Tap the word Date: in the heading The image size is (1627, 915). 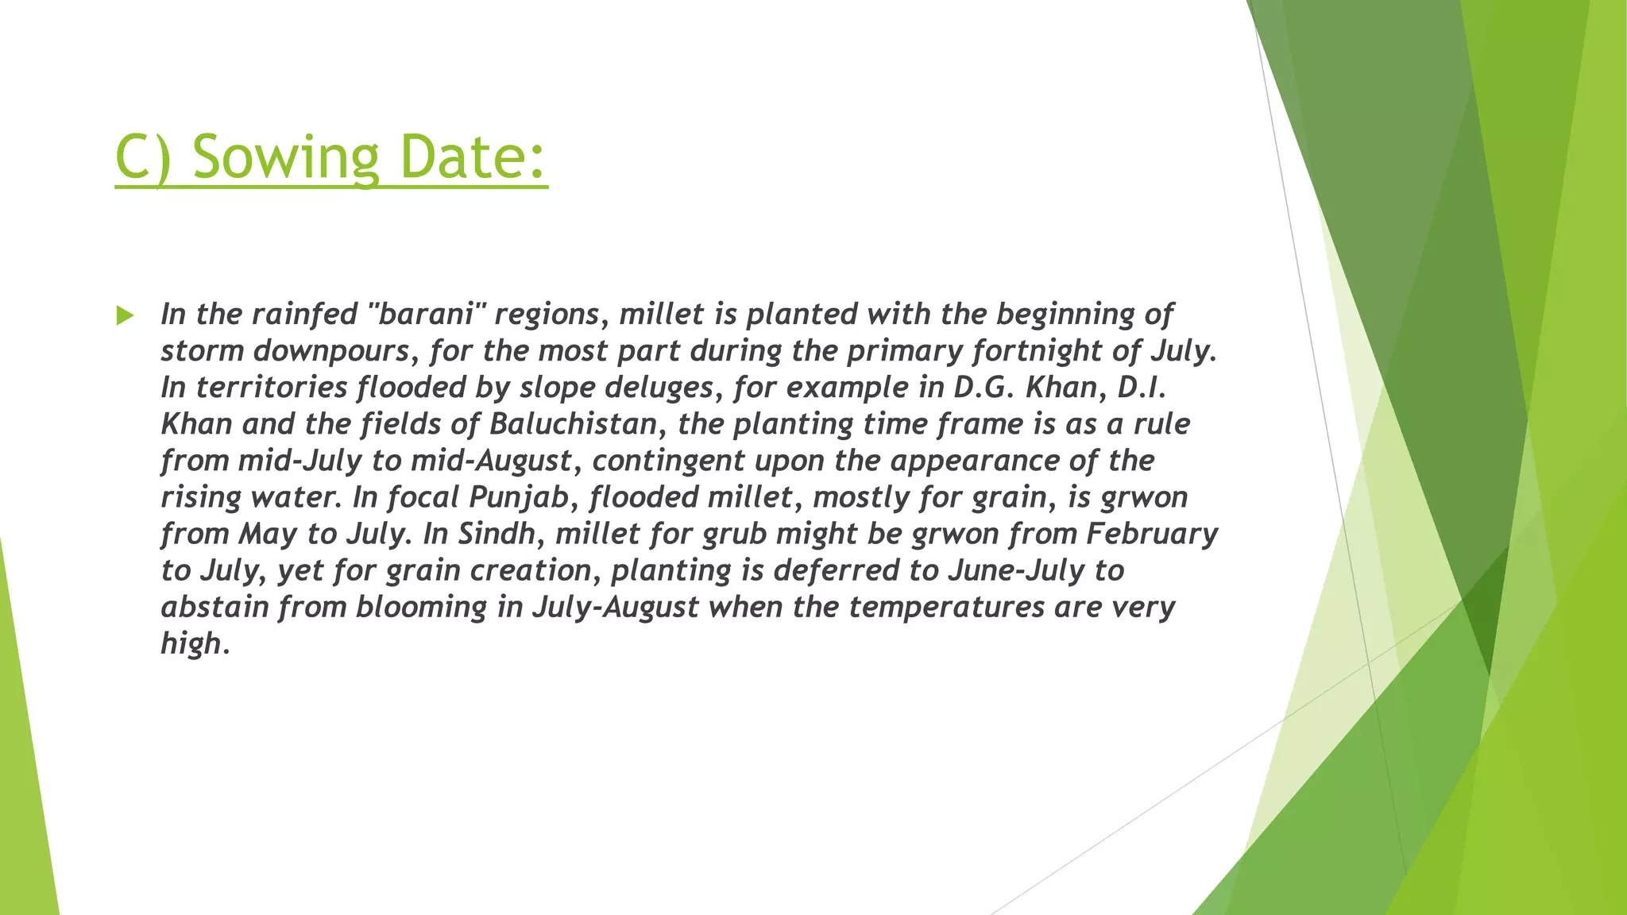(x=473, y=157)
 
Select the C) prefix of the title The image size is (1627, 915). (x=143, y=157)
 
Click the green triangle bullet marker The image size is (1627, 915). (x=125, y=315)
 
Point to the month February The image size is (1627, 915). (x=1152, y=534)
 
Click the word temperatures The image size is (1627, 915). (x=946, y=607)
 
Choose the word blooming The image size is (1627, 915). (x=421, y=607)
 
